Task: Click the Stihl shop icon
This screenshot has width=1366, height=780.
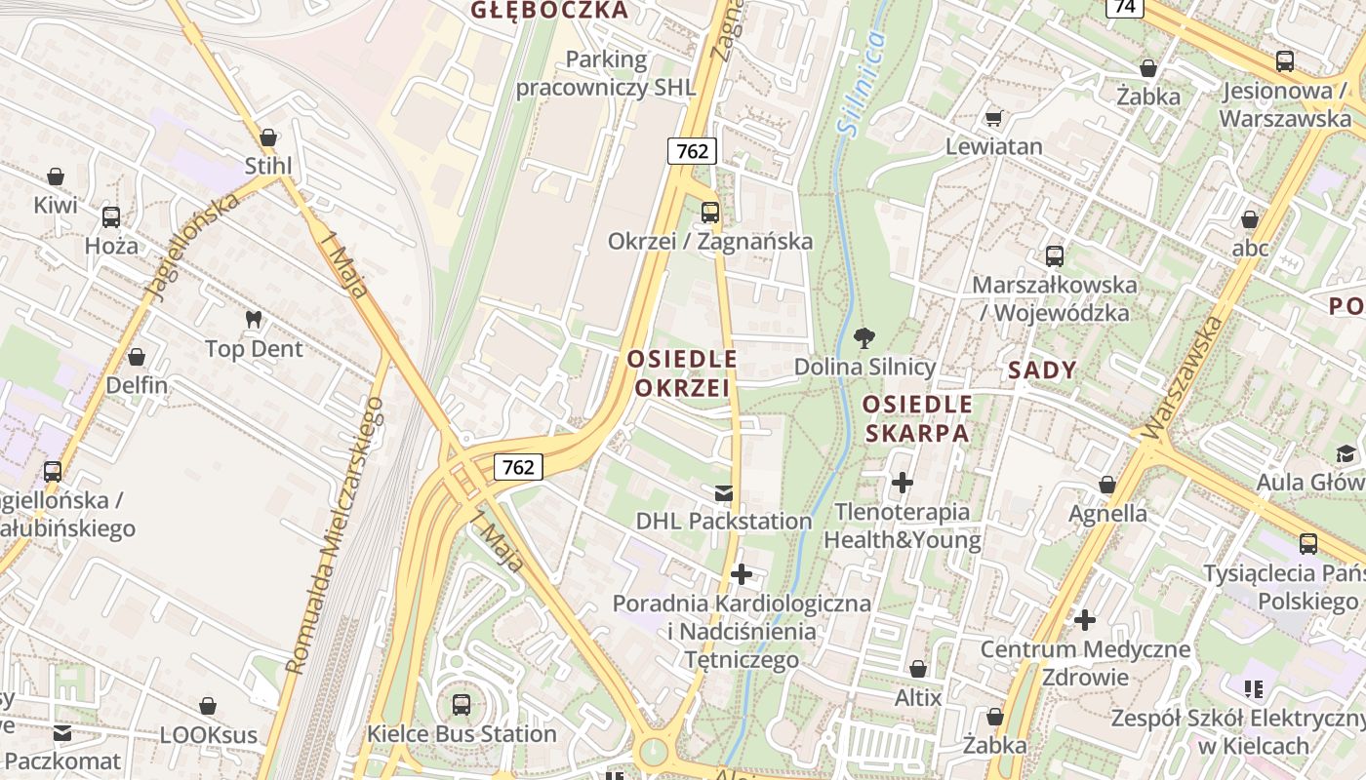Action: tap(268, 138)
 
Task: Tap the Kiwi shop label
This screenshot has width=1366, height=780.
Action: tap(56, 206)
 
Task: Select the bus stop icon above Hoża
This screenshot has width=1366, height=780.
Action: tap(111, 216)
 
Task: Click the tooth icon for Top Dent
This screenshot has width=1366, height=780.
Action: tap(254, 319)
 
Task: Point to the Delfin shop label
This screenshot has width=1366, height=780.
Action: tap(137, 385)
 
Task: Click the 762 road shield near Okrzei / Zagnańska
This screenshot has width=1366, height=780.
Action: tap(692, 151)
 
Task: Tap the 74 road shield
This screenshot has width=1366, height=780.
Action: tap(1125, 7)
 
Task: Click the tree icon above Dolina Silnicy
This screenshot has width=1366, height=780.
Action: tap(864, 338)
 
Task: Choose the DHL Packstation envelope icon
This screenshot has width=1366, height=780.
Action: tap(724, 492)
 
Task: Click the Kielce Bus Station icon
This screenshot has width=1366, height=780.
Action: tap(462, 703)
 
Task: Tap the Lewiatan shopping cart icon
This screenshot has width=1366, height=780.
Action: tap(993, 118)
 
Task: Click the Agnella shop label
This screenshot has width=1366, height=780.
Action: tap(1107, 513)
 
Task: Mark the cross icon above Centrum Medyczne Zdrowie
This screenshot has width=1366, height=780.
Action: tap(1084, 619)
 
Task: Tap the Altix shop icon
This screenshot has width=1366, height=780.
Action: tap(918, 669)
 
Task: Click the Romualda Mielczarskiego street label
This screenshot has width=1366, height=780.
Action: tap(335, 534)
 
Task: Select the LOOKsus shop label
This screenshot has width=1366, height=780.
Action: tap(209, 734)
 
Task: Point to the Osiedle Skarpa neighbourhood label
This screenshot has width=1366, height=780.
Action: tap(917, 418)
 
